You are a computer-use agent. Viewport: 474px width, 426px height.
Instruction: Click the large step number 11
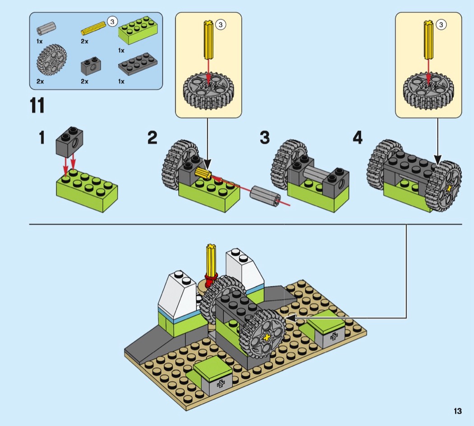(x=37, y=105)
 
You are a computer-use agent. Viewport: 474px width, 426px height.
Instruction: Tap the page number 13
(x=458, y=411)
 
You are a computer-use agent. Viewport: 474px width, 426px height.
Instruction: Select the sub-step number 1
(x=42, y=137)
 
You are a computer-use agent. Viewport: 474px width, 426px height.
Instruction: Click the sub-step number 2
(x=153, y=137)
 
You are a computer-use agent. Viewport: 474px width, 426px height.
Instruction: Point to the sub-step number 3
(x=265, y=137)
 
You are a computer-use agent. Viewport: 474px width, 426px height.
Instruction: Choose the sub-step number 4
(x=357, y=137)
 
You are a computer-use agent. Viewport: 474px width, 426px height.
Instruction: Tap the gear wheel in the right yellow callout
(x=428, y=90)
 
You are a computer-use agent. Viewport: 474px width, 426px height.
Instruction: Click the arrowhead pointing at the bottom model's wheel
(x=289, y=318)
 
